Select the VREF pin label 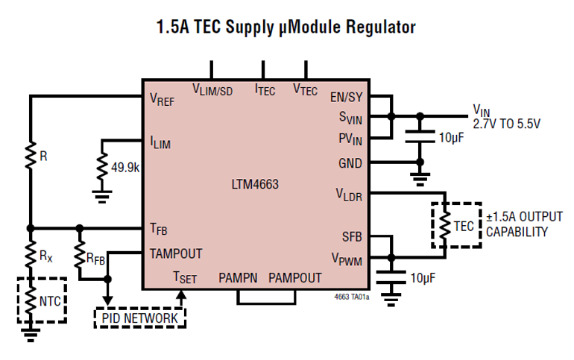coord(162,101)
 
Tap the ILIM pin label coord(160,142)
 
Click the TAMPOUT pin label coord(176,253)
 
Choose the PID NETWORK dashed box coord(139,318)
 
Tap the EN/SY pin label coord(346,97)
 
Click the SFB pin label coord(352,236)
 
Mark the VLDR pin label coord(349,194)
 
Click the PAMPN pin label coord(238,278)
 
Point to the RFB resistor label coord(95,258)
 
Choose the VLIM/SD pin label coord(212,91)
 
